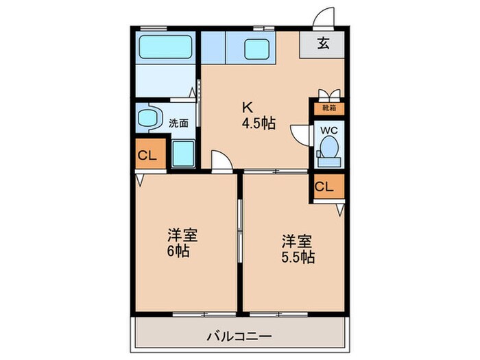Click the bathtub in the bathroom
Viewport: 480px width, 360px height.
click(166, 47)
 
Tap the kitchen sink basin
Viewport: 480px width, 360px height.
click(256, 49)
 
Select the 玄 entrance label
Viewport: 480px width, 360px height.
click(323, 43)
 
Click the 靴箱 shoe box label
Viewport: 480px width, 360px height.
click(329, 108)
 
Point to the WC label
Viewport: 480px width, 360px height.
click(329, 130)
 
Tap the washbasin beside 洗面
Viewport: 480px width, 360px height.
click(149, 118)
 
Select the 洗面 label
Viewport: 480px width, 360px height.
click(178, 123)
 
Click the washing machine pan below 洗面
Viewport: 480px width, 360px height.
click(183, 154)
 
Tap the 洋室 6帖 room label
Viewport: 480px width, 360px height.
click(182, 243)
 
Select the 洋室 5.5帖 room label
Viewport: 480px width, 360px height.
click(298, 249)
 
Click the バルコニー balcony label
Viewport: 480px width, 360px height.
click(239, 337)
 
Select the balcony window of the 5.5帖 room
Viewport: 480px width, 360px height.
click(278, 314)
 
